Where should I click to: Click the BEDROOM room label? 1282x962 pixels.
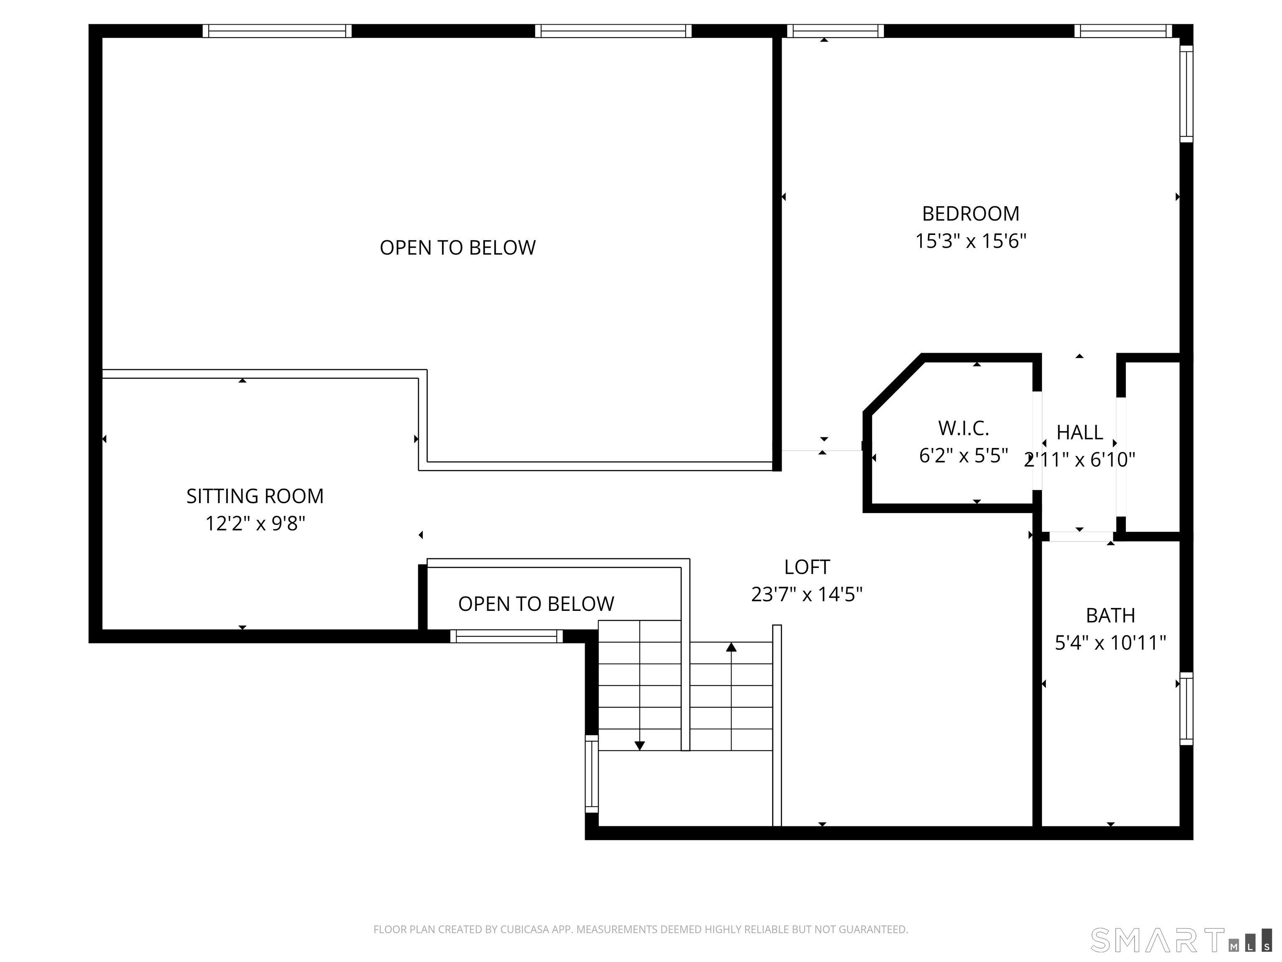pyautogui.click(x=970, y=214)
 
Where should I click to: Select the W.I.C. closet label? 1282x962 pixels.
pyautogui.click(x=963, y=428)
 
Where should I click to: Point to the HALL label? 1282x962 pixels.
pyautogui.click(x=1079, y=433)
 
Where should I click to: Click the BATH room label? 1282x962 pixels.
pyautogui.click(x=1110, y=615)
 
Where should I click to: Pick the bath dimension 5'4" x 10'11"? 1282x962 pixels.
pyautogui.click(x=1110, y=643)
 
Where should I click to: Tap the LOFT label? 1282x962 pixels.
pyautogui.click(x=807, y=567)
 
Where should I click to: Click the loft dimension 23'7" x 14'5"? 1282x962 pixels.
pyautogui.click(x=807, y=595)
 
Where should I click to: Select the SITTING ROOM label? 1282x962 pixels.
pyautogui.click(x=255, y=496)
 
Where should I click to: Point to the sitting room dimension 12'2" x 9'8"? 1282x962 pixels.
pyautogui.click(x=255, y=524)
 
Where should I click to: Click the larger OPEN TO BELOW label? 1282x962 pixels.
pyautogui.click(x=457, y=248)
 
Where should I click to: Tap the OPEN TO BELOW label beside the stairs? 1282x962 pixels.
pyautogui.click(x=536, y=604)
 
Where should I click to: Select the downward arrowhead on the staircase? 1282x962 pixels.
pyautogui.click(x=639, y=746)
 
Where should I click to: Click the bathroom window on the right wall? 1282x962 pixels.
pyautogui.click(x=1186, y=709)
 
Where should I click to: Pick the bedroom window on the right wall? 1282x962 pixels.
pyautogui.click(x=1186, y=94)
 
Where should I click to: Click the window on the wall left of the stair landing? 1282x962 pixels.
pyautogui.click(x=591, y=774)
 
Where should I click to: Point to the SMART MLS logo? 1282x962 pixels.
pyautogui.click(x=1181, y=940)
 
